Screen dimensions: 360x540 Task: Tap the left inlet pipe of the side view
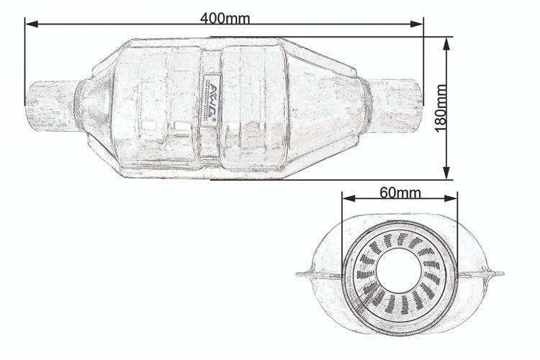pyautogui.click(x=50, y=104)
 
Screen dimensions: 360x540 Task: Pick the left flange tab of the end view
pyautogui.click(x=306, y=274)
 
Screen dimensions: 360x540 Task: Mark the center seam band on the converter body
pyautogui.click(x=211, y=144)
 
